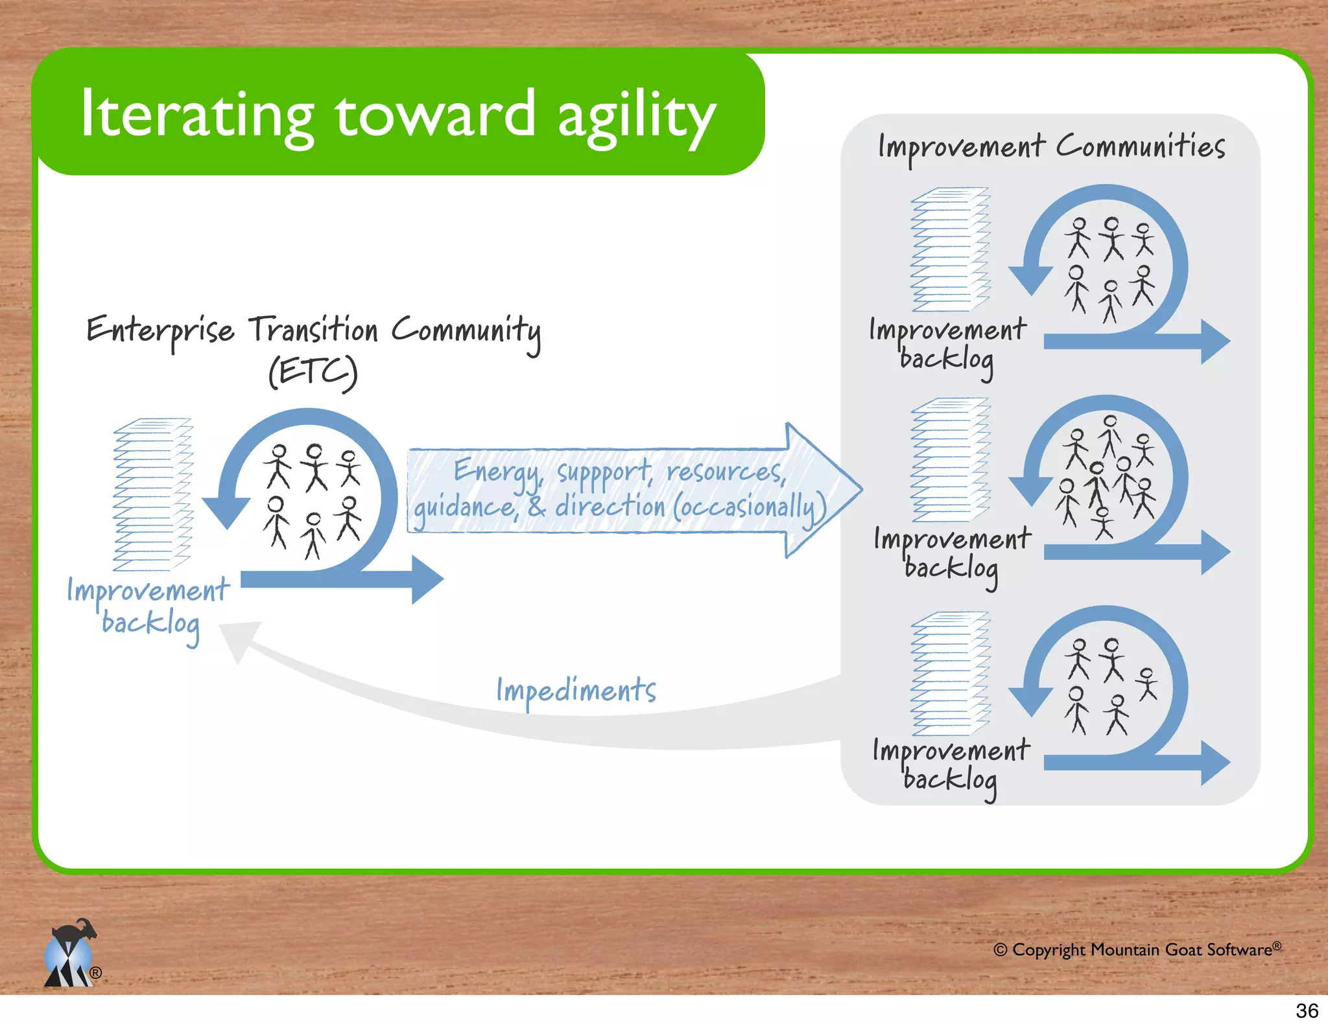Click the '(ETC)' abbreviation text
coord(313,372)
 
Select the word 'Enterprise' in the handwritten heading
coord(160,330)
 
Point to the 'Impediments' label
coord(576,691)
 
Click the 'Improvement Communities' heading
coord(1051,147)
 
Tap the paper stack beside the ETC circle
coord(153,494)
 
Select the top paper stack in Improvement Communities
coord(950,249)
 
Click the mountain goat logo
coord(70,954)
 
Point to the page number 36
coord(1307,1011)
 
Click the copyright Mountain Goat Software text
coord(1137,950)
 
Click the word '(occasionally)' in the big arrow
coord(750,507)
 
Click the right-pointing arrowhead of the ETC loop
coord(428,579)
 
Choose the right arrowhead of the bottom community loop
coord(1215,762)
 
